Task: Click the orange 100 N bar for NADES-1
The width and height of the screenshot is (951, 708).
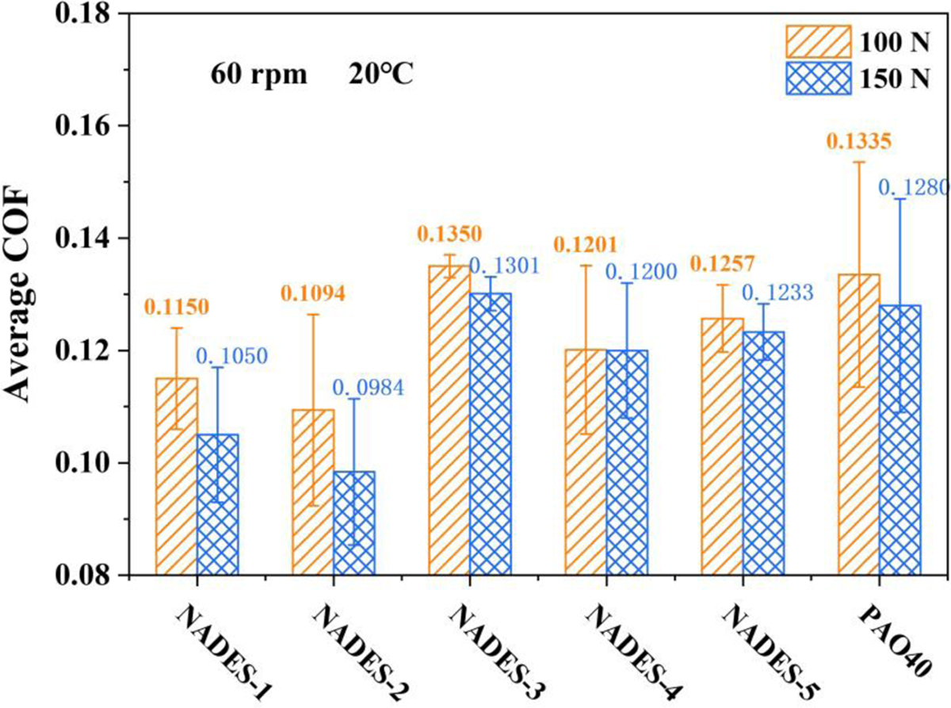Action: click(177, 476)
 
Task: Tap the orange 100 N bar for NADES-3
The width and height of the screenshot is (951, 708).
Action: click(449, 420)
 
